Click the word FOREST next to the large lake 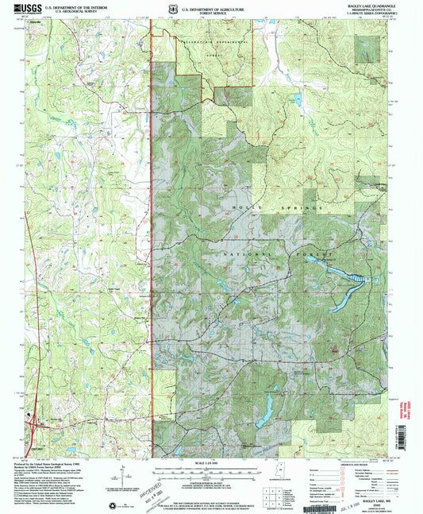[x=313, y=253]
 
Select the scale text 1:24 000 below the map [x=211, y=463]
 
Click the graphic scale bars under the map [x=211, y=473]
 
